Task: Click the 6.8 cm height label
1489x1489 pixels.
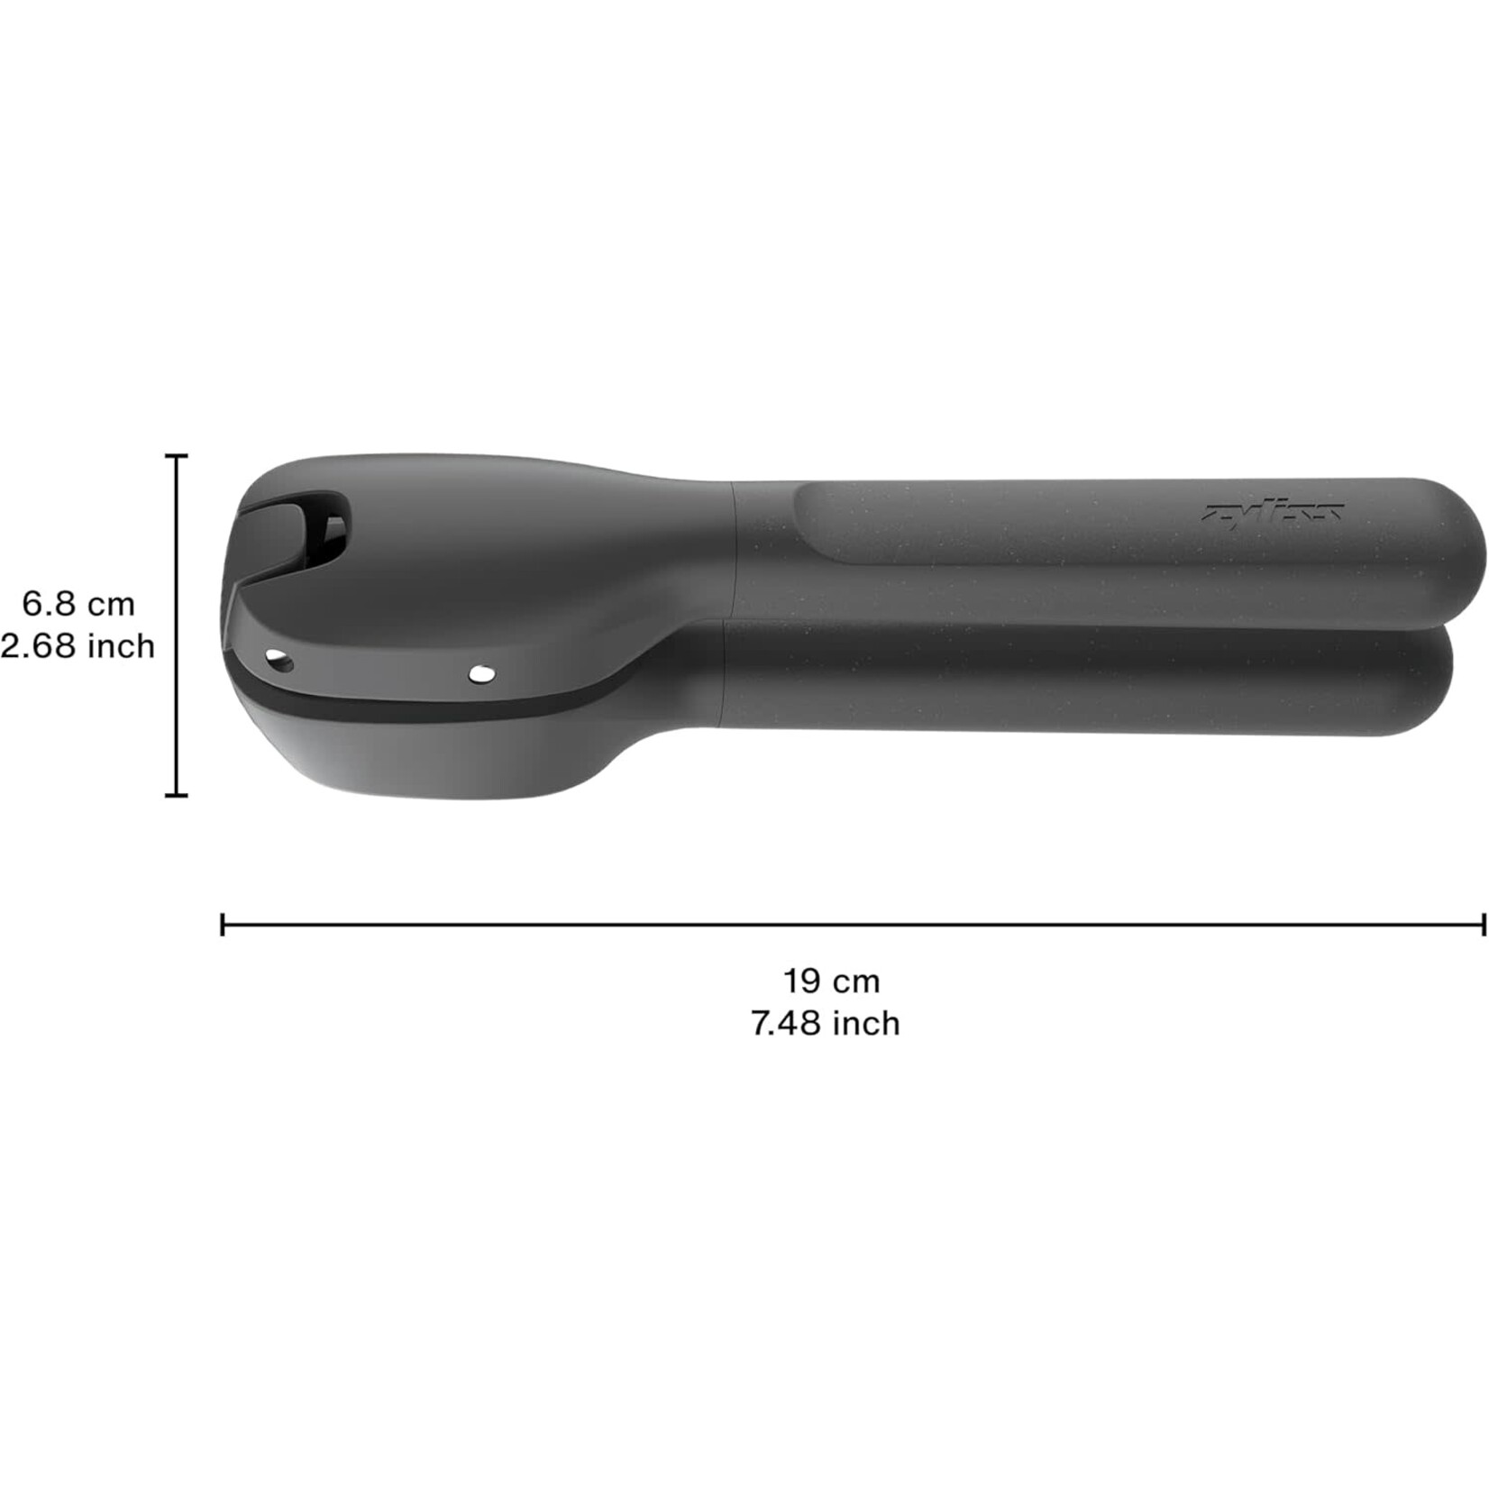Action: point(78,603)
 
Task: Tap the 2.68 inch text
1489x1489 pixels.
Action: point(78,645)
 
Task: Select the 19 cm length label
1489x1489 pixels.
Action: point(830,980)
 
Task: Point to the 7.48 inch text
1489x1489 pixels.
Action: point(826,1023)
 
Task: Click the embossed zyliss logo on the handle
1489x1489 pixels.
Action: point(1273,512)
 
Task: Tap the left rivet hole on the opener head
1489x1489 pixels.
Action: point(279,662)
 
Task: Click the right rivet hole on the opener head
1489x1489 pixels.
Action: point(482,672)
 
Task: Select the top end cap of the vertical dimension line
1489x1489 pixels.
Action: point(177,456)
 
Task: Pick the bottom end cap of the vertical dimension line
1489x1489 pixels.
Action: point(177,795)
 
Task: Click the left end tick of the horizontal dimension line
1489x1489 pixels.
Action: point(223,924)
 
